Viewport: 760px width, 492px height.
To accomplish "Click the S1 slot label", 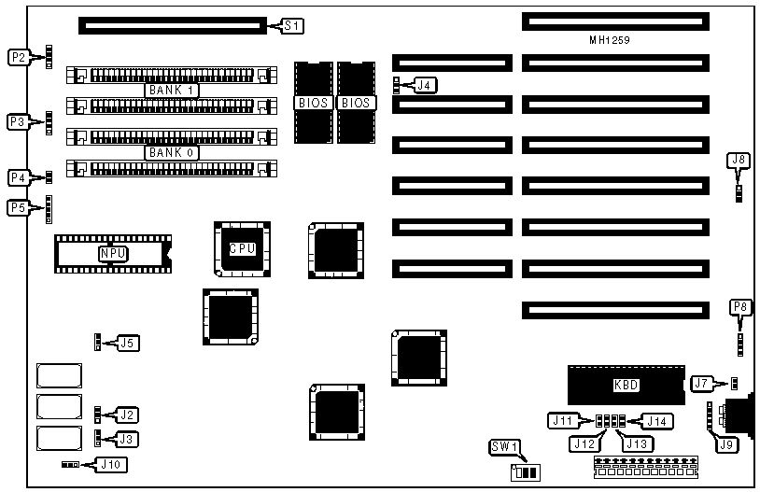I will [291, 25].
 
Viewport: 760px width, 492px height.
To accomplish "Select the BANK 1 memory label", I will [173, 91].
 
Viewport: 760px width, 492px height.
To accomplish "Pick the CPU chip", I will [242, 247].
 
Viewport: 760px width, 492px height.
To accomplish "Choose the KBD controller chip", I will [625, 384].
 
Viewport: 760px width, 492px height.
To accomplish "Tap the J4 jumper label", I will [424, 85].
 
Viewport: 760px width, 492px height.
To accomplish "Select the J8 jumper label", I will [739, 161].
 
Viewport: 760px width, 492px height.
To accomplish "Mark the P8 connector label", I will [739, 305].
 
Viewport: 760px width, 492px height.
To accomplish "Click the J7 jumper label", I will [702, 383].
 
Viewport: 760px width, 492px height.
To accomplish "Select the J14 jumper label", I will [659, 420].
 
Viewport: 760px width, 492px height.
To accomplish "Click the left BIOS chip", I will [313, 102].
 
